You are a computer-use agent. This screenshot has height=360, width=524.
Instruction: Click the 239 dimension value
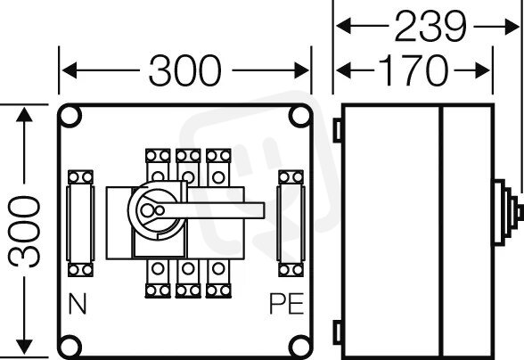pos(430,26)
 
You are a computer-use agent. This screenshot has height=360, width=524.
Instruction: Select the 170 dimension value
pos(413,70)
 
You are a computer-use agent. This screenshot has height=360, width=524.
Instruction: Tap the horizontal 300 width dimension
pos(184,70)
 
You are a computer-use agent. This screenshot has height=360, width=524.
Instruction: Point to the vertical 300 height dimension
pos(24,232)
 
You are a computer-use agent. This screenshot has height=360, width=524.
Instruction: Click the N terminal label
pos(78,304)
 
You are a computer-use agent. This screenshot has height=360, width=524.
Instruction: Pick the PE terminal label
pos(286,304)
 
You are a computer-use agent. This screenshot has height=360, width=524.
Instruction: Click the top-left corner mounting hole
pos(70,116)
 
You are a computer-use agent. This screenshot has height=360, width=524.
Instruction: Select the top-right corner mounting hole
pos(300,116)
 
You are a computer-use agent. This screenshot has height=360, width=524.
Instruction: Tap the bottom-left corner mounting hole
pos(70,347)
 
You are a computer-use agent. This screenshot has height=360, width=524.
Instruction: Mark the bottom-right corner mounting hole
pos(300,347)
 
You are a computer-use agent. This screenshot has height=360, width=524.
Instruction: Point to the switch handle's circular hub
pos(157,210)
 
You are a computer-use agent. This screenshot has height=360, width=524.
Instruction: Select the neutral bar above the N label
pos(80,224)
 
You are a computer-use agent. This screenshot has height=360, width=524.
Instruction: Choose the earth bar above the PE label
pos(291,224)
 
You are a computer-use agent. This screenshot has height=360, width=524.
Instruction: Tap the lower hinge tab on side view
pos(337,331)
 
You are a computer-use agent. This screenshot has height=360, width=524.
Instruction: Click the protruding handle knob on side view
pos(508,212)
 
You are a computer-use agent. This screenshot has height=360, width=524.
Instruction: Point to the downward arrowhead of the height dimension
pos(24,347)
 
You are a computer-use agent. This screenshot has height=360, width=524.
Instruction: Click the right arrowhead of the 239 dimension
pos(512,27)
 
